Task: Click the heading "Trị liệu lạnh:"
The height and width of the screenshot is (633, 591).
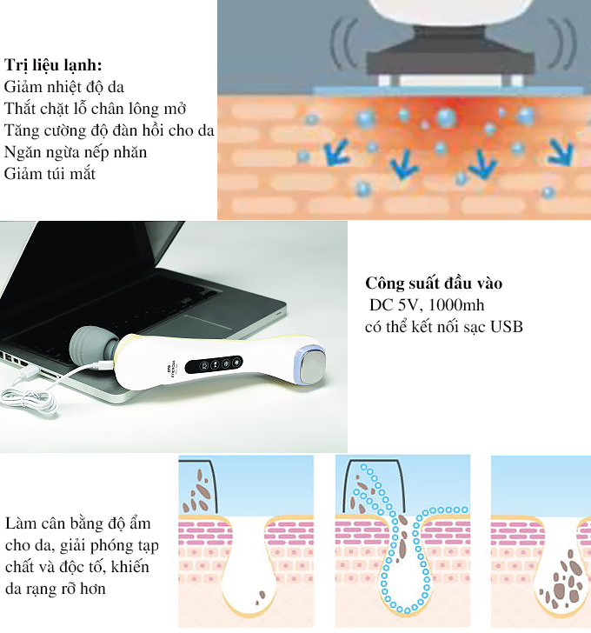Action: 53,66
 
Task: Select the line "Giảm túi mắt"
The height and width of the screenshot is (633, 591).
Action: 50,174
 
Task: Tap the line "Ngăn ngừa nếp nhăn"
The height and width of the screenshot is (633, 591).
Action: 76,153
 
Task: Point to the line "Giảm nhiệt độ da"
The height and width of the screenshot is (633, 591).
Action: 63,87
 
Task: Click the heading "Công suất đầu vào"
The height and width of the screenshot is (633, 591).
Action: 434,283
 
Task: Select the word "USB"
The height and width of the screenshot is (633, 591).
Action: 507,327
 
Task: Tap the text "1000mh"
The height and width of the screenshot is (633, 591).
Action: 456,305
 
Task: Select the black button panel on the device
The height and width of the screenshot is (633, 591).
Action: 214,364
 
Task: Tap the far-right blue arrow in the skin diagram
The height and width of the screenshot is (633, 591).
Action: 561,152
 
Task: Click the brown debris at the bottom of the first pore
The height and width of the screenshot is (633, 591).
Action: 261,596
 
